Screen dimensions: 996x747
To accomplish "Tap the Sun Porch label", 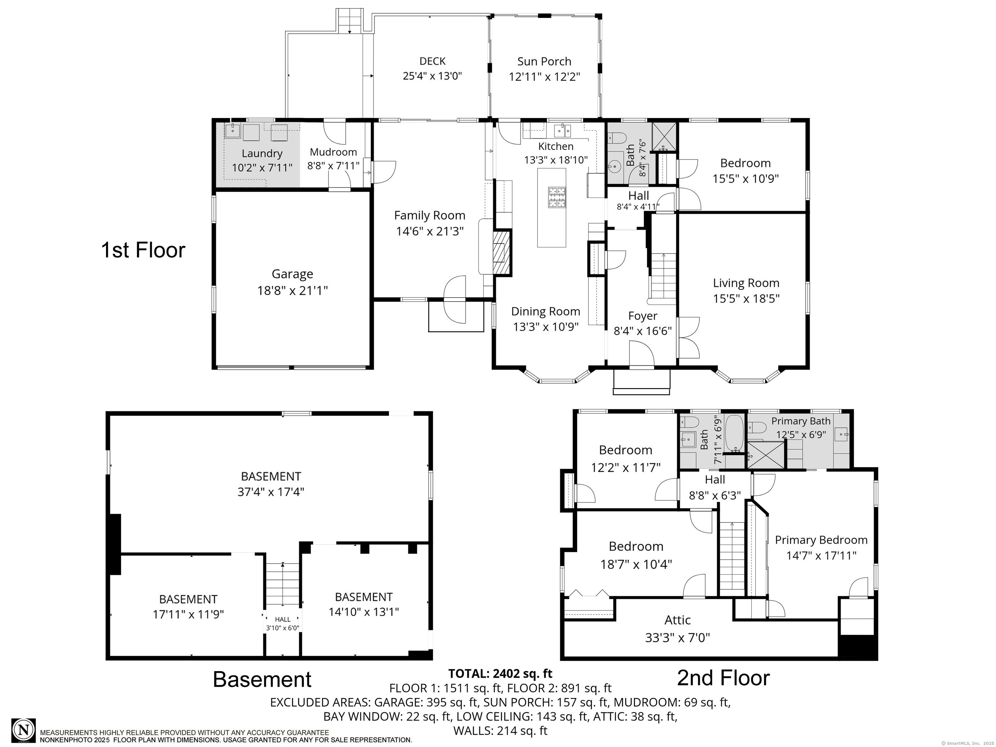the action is tap(544, 61).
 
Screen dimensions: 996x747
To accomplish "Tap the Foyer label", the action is tap(643, 316).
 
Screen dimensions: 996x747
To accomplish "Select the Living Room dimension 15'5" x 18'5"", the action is tap(746, 299).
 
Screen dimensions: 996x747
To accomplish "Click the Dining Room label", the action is tap(545, 311).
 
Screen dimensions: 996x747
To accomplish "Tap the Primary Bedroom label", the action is tap(821, 540).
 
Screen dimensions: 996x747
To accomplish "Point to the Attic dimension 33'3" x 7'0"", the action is tap(677, 638).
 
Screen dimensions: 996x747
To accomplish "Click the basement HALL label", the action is tap(283, 620).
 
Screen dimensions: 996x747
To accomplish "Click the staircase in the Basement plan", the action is tap(282, 585).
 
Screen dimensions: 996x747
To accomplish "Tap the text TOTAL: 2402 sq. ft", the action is tap(500, 674).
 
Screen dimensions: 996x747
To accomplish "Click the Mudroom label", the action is tap(333, 152).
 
